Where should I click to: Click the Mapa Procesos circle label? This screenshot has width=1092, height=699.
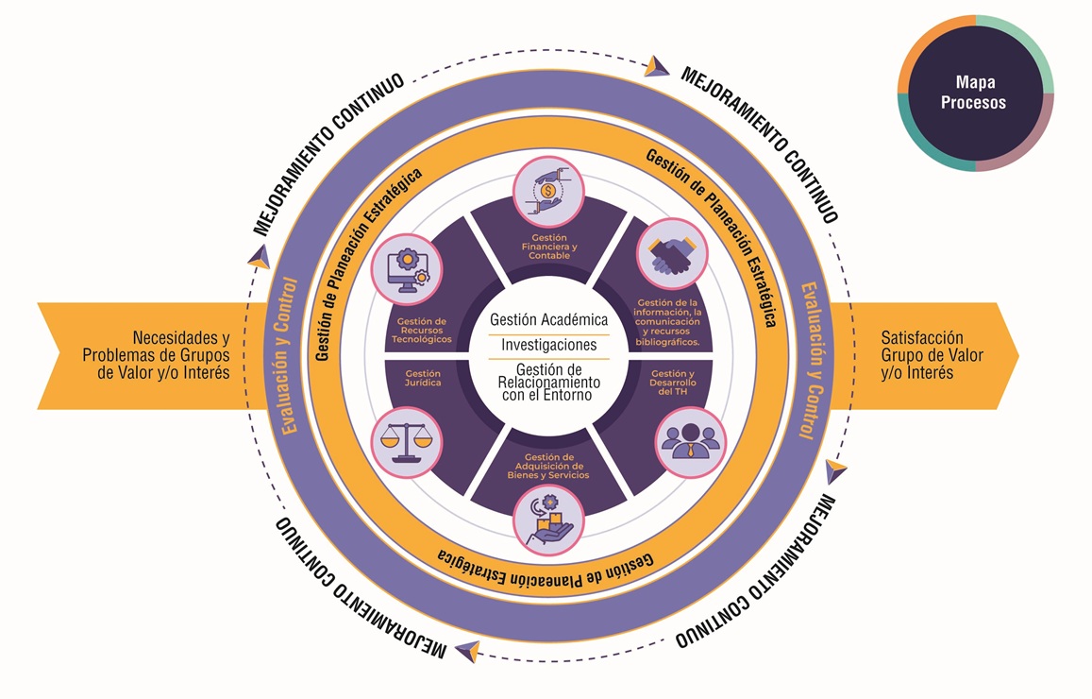[x=974, y=93]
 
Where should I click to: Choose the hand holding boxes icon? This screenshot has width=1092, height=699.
[x=547, y=520]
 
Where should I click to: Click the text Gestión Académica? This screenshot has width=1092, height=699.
[x=548, y=320]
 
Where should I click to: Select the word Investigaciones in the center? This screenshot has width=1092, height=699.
[x=548, y=345]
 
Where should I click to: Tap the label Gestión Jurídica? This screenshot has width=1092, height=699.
[x=416, y=379]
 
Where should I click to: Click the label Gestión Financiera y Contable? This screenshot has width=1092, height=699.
[x=548, y=247]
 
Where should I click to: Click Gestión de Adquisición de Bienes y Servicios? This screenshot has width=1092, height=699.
[x=547, y=467]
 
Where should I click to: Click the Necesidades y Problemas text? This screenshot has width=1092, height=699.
[x=156, y=354]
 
